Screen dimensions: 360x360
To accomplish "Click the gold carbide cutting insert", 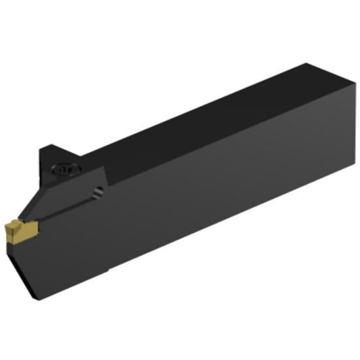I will coord(22,230).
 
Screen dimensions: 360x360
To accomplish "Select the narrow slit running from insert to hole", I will coord(65,209).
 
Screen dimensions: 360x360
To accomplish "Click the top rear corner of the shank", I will coord(308,63).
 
